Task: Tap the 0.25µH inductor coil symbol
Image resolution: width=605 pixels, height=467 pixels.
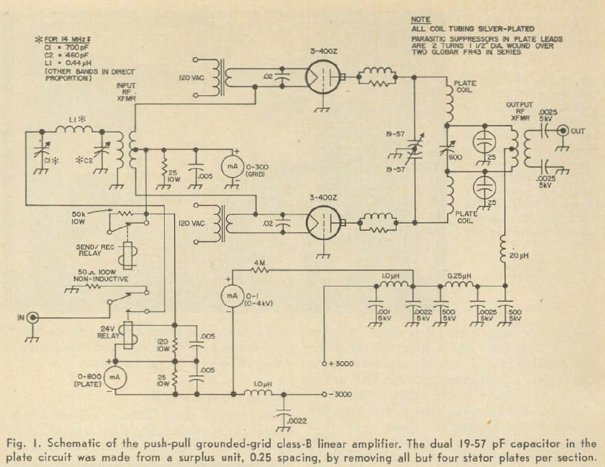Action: (458, 285)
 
